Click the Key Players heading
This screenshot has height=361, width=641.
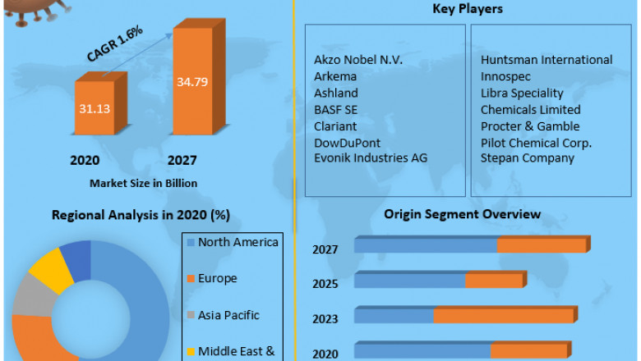(x=468, y=9)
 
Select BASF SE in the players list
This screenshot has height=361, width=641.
(x=335, y=109)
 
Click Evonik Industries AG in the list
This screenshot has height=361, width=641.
(x=371, y=158)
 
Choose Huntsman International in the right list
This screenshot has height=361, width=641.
(x=546, y=60)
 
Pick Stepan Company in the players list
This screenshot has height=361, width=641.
(x=528, y=158)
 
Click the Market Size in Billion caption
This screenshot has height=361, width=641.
(x=143, y=182)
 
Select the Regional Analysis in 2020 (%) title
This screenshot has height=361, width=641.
(x=141, y=215)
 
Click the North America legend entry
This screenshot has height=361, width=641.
(x=237, y=242)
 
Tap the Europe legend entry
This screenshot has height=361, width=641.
(x=217, y=278)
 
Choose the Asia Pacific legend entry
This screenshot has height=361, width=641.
(x=228, y=315)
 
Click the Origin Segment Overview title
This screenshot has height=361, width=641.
(x=463, y=214)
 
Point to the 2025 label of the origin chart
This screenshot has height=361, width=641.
(x=325, y=283)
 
